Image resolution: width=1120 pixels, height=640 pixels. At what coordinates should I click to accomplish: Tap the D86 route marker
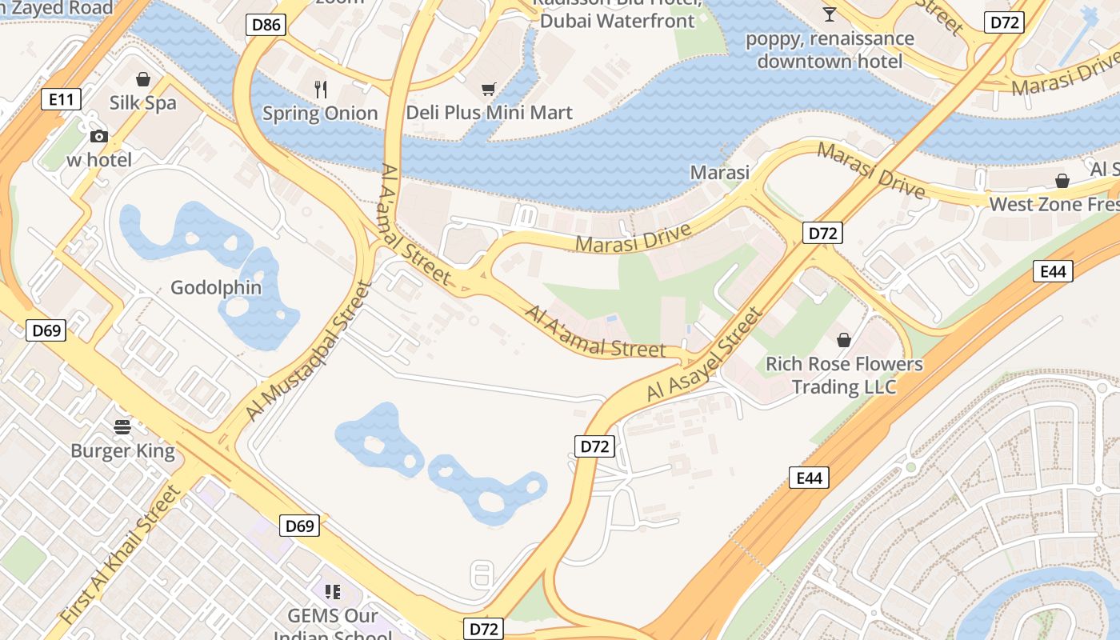(266, 25)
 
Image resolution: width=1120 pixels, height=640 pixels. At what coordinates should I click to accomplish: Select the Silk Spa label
(143, 102)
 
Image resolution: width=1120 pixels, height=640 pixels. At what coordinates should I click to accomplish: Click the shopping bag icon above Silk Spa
(143, 79)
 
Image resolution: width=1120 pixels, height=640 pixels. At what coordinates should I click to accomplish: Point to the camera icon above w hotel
(99, 137)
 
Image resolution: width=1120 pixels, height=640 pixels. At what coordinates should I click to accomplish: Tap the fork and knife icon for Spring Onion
(321, 90)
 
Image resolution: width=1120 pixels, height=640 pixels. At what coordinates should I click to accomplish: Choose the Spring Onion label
(320, 114)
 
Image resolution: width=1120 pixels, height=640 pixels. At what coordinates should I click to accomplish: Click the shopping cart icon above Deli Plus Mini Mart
(488, 90)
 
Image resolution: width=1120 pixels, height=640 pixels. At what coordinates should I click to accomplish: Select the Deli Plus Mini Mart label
(490, 113)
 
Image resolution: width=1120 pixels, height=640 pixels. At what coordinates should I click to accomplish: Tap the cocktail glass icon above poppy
(830, 14)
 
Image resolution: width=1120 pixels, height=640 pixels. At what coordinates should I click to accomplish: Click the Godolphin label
(216, 287)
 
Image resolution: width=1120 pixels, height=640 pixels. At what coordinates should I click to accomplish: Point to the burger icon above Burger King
(122, 427)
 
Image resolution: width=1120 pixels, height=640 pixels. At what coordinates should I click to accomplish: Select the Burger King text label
(122, 450)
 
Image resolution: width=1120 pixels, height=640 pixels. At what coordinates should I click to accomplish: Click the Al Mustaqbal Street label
(310, 351)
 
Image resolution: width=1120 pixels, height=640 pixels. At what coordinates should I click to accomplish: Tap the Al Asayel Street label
(705, 356)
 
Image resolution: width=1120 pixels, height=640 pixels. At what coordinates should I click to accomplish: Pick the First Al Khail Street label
(122, 555)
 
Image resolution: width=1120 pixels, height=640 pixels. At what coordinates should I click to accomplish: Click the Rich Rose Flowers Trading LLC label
(844, 376)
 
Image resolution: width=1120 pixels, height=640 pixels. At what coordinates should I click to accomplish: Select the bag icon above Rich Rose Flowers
(844, 341)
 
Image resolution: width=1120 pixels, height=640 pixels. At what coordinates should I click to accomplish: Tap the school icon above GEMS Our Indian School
(333, 592)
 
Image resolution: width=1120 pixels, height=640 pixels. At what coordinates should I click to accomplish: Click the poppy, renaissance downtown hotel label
(830, 50)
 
